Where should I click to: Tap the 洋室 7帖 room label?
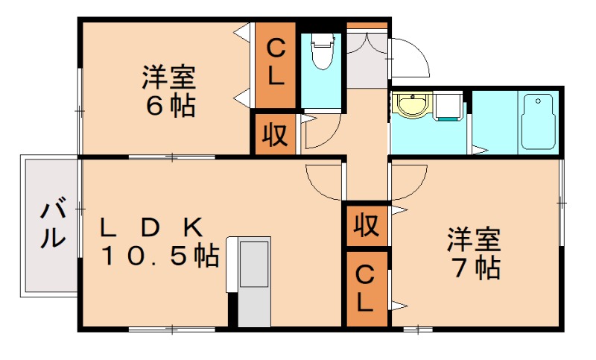pyautogui.click(x=474, y=253)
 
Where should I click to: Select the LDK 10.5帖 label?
pyautogui.click(x=159, y=241)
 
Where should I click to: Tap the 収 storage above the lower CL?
pyautogui.click(x=365, y=224)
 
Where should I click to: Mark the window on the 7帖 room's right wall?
pyautogui.click(x=561, y=200)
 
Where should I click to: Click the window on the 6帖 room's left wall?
pyautogui.click(x=79, y=112)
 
